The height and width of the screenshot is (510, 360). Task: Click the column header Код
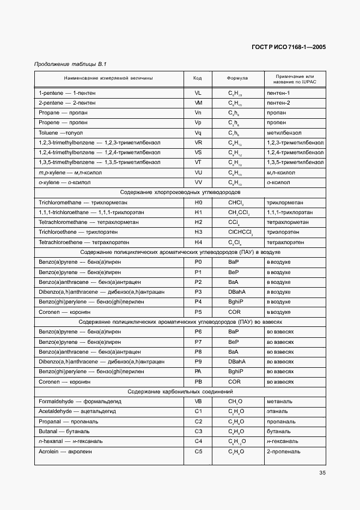(x=198, y=78)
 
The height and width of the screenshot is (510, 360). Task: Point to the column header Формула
(x=237, y=78)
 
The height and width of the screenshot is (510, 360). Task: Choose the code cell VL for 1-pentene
(x=198, y=93)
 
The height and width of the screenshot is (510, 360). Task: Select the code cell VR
(x=198, y=142)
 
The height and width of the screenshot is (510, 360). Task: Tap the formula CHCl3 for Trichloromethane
(x=236, y=202)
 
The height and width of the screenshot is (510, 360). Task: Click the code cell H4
(x=198, y=242)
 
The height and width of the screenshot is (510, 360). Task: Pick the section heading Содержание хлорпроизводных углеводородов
(x=180, y=192)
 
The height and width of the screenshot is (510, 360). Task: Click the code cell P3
(x=198, y=292)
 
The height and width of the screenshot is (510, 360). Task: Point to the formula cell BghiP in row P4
(x=236, y=302)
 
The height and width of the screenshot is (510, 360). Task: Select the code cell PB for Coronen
(x=198, y=382)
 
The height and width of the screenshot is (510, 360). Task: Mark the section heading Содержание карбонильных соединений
(x=180, y=392)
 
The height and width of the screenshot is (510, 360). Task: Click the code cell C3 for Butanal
(x=198, y=432)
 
